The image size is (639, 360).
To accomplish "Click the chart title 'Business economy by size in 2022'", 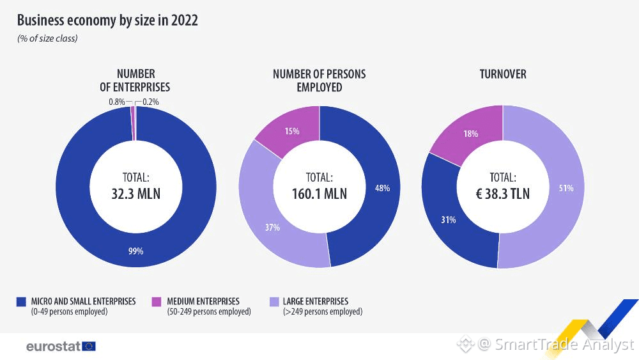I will tap(107, 20).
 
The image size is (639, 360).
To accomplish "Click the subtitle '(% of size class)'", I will tap(47, 39).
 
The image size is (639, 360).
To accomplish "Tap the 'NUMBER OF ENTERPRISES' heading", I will tap(135, 81).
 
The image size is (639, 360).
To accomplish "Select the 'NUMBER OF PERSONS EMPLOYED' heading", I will tap(319, 81).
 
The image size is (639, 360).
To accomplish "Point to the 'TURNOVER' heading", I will tap(503, 74).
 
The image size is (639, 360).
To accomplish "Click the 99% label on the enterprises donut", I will tap(135, 251).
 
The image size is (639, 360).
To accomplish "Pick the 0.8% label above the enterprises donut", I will tap(116, 102).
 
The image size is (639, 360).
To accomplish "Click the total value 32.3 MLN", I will tap(135, 192).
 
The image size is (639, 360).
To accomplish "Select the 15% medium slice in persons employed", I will tap(292, 131).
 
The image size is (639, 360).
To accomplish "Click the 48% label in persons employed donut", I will tap(382, 188).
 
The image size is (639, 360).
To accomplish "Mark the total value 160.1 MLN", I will tap(319, 192).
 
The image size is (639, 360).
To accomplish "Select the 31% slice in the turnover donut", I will tap(448, 220).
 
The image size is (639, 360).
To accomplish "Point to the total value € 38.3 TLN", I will tap(503, 192).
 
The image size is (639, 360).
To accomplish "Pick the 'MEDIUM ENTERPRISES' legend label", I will tap(203, 301).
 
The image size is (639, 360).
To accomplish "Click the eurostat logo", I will tap(61, 346).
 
